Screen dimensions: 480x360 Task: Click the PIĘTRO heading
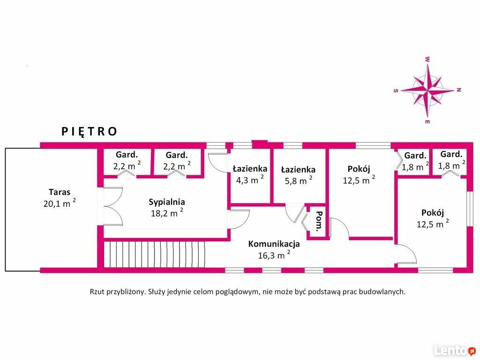tap(89, 132)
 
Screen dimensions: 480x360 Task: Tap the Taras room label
tap(60, 192)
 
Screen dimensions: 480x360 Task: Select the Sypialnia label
tap(167, 202)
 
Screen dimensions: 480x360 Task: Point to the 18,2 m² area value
tap(167, 213)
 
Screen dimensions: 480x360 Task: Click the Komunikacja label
tap(274, 244)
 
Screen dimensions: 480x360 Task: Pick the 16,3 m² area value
tap(274, 255)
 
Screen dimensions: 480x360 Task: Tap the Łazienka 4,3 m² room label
tap(250, 169)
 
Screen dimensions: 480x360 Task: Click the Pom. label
tap(319, 220)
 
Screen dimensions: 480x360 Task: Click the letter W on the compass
tap(427, 60)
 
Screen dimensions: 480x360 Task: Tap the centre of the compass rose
tap(427, 90)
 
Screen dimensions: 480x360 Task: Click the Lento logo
tap(455, 350)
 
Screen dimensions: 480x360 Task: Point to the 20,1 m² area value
tap(60, 203)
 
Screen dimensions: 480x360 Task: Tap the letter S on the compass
tap(396, 90)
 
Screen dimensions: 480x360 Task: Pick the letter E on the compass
tap(427, 122)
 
